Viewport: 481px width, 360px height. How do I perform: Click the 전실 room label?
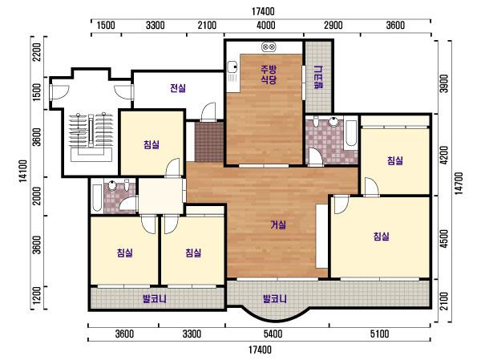178,88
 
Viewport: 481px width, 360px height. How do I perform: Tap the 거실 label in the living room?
278,225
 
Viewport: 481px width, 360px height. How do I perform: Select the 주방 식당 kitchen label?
269,74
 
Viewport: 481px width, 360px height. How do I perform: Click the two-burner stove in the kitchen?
269,47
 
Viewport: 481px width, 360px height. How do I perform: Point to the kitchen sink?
232,71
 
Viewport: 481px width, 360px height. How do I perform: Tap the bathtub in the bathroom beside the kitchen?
350,134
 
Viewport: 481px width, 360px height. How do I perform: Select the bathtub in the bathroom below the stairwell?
97,198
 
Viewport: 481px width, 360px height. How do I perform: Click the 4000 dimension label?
266,25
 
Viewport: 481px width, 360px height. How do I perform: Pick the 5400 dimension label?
273,334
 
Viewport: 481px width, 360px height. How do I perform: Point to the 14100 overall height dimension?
23,172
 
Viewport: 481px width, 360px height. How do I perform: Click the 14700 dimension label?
458,184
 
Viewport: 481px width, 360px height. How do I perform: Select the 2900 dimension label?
333,25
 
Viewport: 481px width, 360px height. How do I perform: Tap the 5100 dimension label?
379,334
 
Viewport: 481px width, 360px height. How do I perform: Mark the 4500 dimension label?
444,239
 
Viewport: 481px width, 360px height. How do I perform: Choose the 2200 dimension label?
37,52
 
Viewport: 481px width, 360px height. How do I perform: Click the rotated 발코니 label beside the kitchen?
319,77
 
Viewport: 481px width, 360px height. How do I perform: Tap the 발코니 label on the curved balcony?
275,298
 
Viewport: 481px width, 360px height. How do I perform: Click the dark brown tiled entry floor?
209,141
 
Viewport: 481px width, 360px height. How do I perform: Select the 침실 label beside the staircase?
152,144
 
